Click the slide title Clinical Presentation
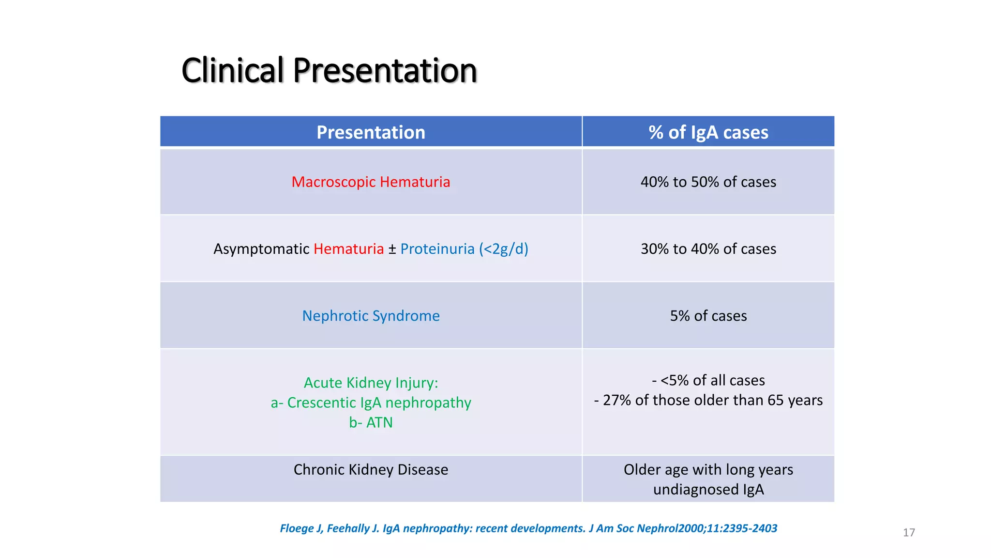329,71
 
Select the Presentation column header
371,132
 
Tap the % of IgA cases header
708,132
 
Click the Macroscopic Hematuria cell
371,182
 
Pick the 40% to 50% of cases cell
708,182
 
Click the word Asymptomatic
261,249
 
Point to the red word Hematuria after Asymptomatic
348,249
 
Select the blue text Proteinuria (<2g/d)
464,249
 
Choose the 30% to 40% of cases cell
708,249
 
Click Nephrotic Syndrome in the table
371,316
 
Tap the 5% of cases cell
708,316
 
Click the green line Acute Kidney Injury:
371,383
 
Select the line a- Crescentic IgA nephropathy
371,403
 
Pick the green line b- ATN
371,422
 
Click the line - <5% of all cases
708,380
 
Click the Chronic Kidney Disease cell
371,469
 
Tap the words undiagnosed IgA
708,489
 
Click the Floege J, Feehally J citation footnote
528,528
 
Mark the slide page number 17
908,532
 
